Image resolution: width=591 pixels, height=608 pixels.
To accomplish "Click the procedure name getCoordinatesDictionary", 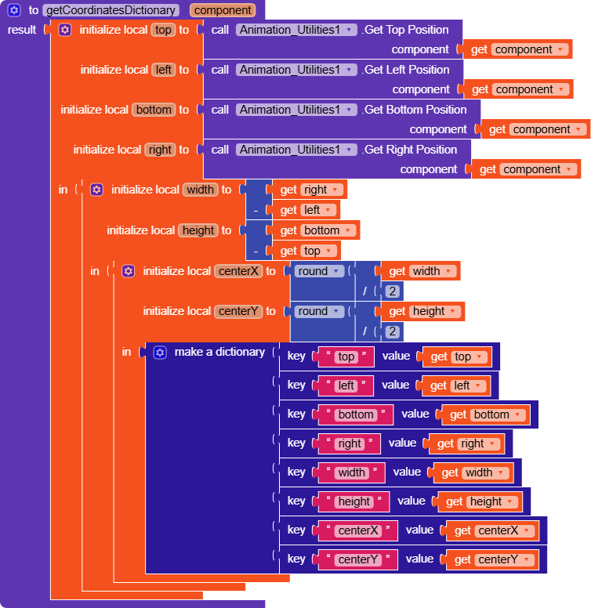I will (112, 10).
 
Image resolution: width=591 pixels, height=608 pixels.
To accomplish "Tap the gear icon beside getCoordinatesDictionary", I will (14, 10).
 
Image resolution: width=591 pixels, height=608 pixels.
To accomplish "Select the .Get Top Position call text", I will (405, 30).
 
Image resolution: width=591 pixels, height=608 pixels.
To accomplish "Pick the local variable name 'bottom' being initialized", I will (154, 110).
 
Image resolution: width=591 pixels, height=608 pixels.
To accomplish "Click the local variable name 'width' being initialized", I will (199, 190).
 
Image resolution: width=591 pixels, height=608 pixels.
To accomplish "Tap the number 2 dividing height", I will (393, 331).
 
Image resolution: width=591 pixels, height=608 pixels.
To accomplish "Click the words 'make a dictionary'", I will (219, 352).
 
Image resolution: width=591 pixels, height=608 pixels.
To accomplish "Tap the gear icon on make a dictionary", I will (160, 353).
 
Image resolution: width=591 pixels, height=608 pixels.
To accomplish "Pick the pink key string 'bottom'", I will (355, 414).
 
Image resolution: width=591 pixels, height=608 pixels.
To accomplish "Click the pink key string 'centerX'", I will (357, 530).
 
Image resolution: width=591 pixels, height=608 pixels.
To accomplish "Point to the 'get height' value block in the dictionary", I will (479, 501).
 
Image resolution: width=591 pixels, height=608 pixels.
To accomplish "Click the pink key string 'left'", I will (346, 385).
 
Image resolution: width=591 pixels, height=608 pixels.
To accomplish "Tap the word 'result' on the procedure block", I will (21, 30).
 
